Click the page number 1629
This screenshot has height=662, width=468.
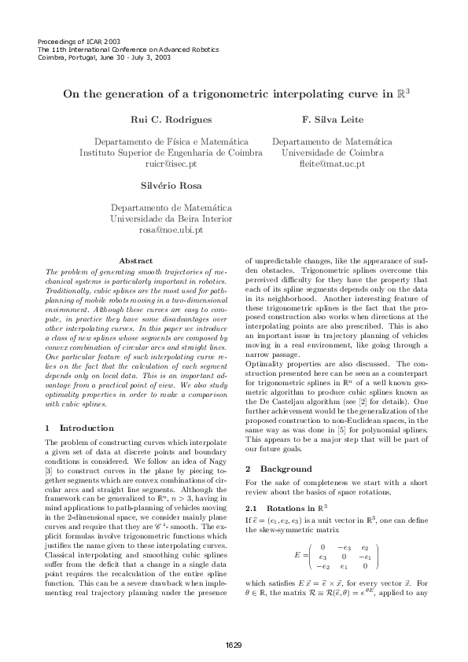tap(234, 645)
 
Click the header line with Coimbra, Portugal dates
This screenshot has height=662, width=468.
tap(98, 57)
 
